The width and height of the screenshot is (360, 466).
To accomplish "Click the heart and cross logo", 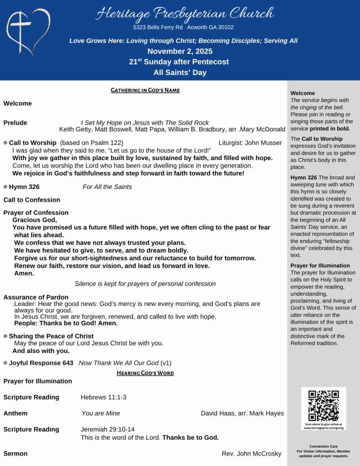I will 28,30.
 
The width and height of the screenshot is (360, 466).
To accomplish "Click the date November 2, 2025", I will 180,51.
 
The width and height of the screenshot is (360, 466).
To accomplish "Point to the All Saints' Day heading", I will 180,72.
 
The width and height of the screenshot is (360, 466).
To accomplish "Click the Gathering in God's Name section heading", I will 145,90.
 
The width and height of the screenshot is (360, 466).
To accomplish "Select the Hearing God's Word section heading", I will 145,373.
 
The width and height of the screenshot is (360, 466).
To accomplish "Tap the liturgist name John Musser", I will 250,143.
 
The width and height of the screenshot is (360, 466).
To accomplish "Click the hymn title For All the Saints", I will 107,187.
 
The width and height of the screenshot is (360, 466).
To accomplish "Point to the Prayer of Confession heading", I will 36,213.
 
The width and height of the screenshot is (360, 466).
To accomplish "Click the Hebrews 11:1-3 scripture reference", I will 103,397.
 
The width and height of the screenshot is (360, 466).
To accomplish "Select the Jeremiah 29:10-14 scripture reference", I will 107,429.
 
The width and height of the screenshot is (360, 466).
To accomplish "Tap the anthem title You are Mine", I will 101,413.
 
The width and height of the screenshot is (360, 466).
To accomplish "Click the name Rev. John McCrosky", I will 251,454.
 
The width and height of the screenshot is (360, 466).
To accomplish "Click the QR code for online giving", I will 323,405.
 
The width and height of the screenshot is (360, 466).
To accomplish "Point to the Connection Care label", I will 323,446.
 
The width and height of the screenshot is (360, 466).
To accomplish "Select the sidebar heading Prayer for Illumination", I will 320,265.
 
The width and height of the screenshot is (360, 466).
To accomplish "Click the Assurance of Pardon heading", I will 36,297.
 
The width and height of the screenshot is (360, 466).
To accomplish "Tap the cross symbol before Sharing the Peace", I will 5,336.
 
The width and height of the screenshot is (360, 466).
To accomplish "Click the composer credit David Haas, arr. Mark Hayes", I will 242,413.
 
